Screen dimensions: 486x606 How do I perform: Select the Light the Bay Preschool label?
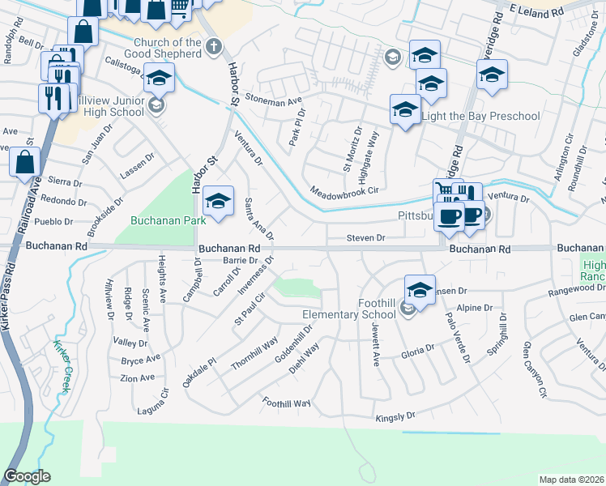pyautogui.click(x=481, y=116)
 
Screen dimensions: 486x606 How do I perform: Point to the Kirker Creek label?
pyautogui.click(x=63, y=361)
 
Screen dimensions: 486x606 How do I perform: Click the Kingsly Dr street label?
pyautogui.click(x=395, y=418)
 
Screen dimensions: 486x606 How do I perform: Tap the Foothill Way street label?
pyautogui.click(x=287, y=403)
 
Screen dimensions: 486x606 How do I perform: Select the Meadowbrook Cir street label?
pyautogui.click(x=344, y=191)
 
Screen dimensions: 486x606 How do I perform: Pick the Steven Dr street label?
pyautogui.click(x=365, y=238)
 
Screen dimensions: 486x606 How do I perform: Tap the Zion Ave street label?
pyautogui.click(x=137, y=377)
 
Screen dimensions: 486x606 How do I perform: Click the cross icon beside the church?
pyautogui.click(x=214, y=46)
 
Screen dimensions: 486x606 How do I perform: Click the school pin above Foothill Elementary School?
pyautogui.click(x=420, y=290)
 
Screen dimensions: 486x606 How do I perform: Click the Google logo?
pyautogui.click(x=28, y=476)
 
